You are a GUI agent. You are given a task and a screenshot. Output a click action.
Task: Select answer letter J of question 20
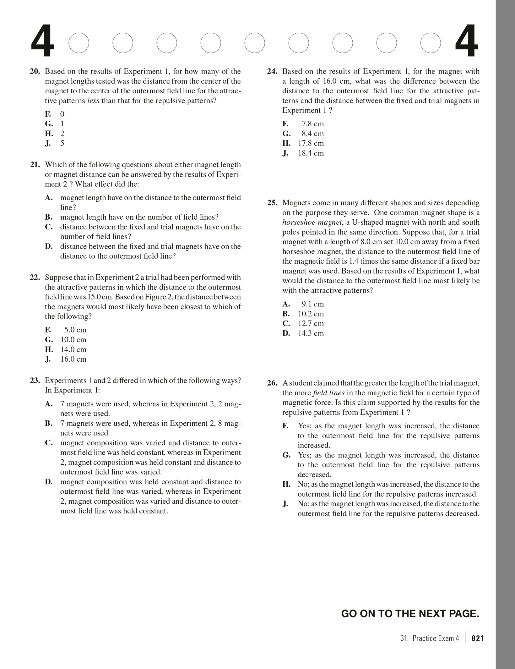click(x=48, y=144)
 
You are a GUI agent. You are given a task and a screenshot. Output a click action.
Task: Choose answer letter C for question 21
click(x=48, y=227)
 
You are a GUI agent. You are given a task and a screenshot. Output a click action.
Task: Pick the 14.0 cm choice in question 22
click(x=73, y=349)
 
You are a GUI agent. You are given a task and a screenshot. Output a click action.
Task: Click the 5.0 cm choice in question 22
click(x=75, y=330)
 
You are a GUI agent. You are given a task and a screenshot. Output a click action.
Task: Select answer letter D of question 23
click(x=49, y=482)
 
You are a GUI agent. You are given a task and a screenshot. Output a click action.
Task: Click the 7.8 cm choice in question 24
click(x=312, y=124)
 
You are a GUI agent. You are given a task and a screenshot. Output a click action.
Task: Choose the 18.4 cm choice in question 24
click(x=311, y=153)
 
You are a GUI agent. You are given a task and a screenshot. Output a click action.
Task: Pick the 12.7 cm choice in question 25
click(x=311, y=324)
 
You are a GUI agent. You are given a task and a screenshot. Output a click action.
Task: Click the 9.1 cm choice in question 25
click(x=312, y=304)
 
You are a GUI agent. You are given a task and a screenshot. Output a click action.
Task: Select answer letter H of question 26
click(x=286, y=485)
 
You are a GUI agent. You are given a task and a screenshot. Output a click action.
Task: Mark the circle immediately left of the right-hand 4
click(x=431, y=43)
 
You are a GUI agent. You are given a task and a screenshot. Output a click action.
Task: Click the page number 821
click(x=478, y=638)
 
